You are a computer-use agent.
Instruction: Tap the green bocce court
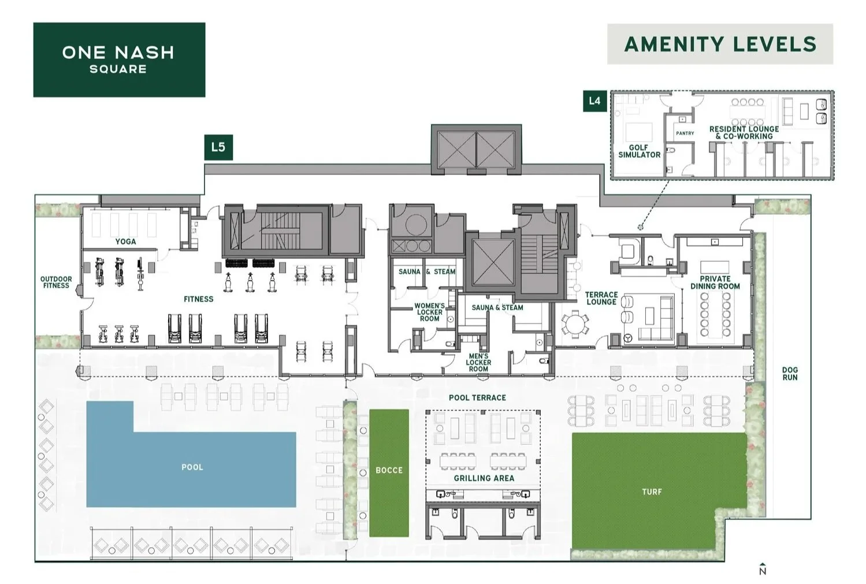pyautogui.click(x=389, y=473)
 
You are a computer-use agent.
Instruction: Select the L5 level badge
pyautogui.click(x=218, y=147)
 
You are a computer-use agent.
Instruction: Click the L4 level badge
pyautogui.click(x=594, y=101)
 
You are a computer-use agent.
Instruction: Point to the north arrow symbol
pyautogui.click(x=763, y=569)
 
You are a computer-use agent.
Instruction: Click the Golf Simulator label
pyautogui.click(x=639, y=151)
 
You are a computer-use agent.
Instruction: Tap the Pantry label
pyautogui.click(x=685, y=133)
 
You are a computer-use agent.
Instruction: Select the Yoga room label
pyautogui.click(x=125, y=241)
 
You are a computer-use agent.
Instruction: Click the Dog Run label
pyautogui.click(x=790, y=374)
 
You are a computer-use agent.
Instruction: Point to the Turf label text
pyautogui.click(x=652, y=492)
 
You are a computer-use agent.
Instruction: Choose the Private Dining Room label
pyautogui.click(x=715, y=282)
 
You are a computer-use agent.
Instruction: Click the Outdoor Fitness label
pyautogui.click(x=56, y=282)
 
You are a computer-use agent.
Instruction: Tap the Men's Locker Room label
pyautogui.click(x=478, y=363)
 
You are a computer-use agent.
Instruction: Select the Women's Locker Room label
pyautogui.click(x=429, y=312)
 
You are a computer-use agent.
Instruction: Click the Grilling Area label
pyautogui.click(x=484, y=478)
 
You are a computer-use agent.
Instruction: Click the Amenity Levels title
pyautogui.click(x=720, y=44)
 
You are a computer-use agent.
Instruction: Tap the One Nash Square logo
pyautogui.click(x=119, y=59)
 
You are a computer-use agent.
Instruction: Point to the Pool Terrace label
pyautogui.click(x=477, y=397)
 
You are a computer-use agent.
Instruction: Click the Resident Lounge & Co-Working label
pyautogui.click(x=744, y=132)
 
